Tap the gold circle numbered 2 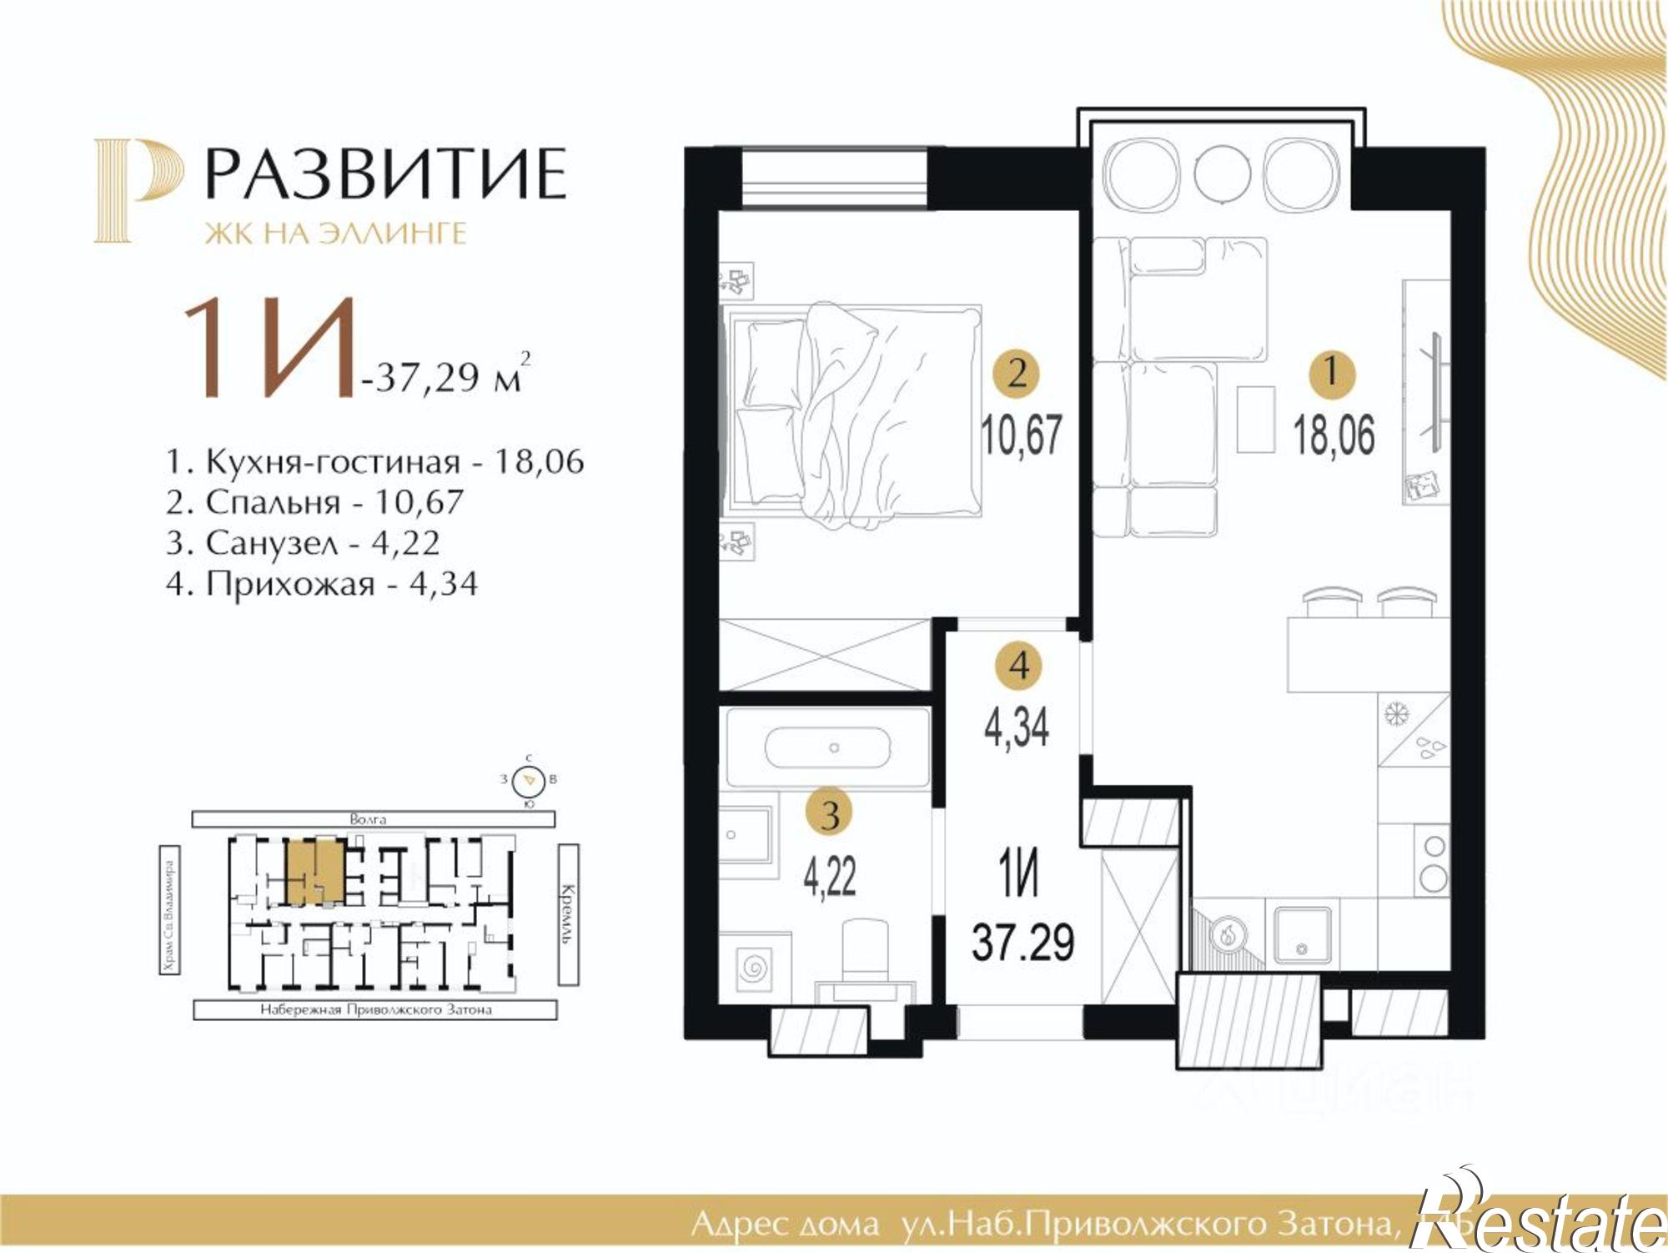click(1017, 373)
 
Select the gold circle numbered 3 click(830, 813)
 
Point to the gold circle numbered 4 click(1018, 666)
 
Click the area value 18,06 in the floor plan click(1334, 435)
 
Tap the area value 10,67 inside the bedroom click(1022, 435)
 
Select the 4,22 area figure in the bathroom click(829, 876)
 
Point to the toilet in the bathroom click(867, 951)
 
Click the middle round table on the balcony click(1222, 174)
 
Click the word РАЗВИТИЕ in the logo click(385, 174)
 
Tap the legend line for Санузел click(302, 543)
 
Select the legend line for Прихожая click(321, 584)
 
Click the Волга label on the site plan click(368, 819)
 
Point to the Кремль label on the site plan click(568, 913)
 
